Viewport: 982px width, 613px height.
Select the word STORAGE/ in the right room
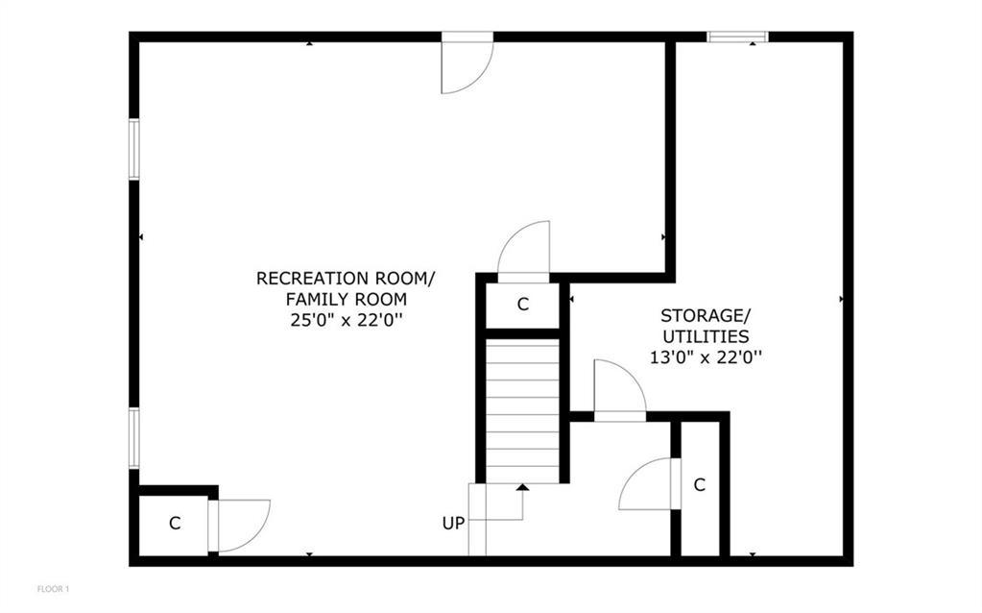pyautogui.click(x=706, y=315)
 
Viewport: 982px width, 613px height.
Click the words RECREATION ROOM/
pyautogui.click(x=345, y=278)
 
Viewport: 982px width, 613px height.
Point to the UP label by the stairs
pyautogui.click(x=453, y=524)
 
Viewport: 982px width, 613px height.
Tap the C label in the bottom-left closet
pyautogui.click(x=175, y=524)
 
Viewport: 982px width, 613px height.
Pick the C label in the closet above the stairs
pyautogui.click(x=523, y=305)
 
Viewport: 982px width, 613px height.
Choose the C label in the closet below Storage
pyautogui.click(x=700, y=485)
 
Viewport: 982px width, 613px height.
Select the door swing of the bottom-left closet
pyautogui.click(x=240, y=526)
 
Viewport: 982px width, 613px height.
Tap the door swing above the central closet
pyautogui.click(x=524, y=250)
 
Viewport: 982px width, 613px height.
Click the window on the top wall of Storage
pyautogui.click(x=737, y=37)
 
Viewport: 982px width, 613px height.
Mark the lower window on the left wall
pyautogui.click(x=134, y=438)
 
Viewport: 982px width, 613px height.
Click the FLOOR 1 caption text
pyautogui.click(x=54, y=588)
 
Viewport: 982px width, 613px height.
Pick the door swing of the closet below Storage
pyautogui.click(x=650, y=484)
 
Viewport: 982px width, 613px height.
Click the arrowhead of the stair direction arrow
pyautogui.click(x=522, y=487)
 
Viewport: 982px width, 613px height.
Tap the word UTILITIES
pyautogui.click(x=706, y=336)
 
